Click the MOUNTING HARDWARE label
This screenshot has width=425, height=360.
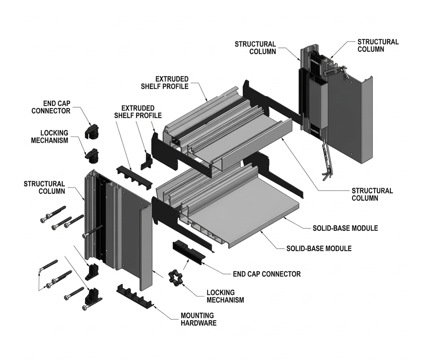(198, 319)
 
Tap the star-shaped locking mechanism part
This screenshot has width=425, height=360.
(174, 278)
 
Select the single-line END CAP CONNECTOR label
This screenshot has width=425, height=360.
(267, 274)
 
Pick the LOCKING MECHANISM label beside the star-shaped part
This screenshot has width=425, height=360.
(225, 296)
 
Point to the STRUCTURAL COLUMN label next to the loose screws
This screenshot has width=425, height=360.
(44, 187)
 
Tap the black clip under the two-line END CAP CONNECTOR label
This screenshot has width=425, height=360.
(92, 130)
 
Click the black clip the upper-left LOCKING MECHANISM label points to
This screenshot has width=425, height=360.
(93, 155)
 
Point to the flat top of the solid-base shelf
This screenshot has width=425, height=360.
(246, 212)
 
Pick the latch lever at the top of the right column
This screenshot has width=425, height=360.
(334, 72)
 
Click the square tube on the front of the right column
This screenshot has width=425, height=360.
(317, 102)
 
